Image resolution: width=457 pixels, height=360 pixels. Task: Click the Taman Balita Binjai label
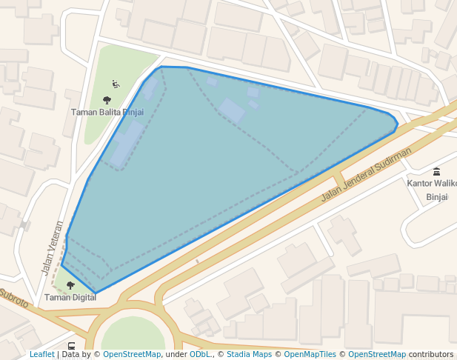click(x=107, y=113)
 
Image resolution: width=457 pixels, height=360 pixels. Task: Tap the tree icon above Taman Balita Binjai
click(x=107, y=100)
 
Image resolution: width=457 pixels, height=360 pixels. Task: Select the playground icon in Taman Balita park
click(x=116, y=84)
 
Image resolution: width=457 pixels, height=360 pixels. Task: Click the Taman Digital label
click(x=70, y=298)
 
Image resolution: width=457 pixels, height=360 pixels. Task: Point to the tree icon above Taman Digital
click(x=70, y=285)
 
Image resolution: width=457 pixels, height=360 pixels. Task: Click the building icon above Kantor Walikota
click(x=436, y=171)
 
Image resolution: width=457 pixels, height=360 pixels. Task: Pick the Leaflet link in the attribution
click(x=41, y=355)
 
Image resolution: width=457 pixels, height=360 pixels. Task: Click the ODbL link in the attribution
click(x=199, y=355)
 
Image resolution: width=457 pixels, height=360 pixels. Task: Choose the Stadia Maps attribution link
click(x=249, y=355)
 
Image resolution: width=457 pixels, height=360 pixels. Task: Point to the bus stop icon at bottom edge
click(x=71, y=346)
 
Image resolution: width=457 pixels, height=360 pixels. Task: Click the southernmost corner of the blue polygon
click(x=95, y=293)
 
